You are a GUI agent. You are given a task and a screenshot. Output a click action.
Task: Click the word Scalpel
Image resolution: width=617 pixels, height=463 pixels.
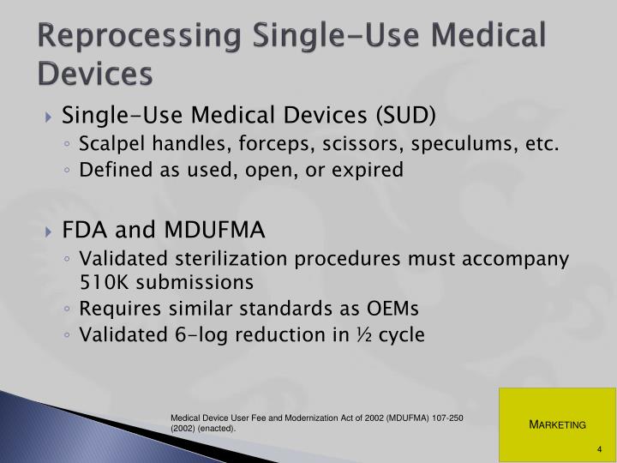(x=107, y=143)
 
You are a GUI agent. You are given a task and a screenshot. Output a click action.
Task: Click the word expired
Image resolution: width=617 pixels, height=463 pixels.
(x=366, y=169)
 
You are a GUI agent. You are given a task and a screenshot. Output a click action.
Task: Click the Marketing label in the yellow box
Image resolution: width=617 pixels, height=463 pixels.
(x=557, y=424)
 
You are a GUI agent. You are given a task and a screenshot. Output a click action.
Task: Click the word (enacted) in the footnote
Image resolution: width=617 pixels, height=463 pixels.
(x=220, y=427)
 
